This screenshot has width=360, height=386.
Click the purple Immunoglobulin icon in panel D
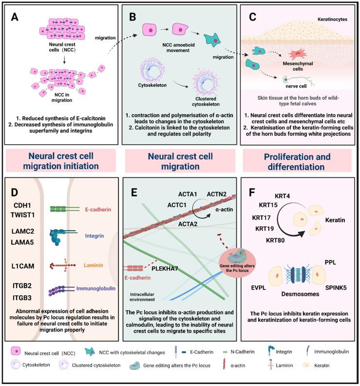pos(63,291)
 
